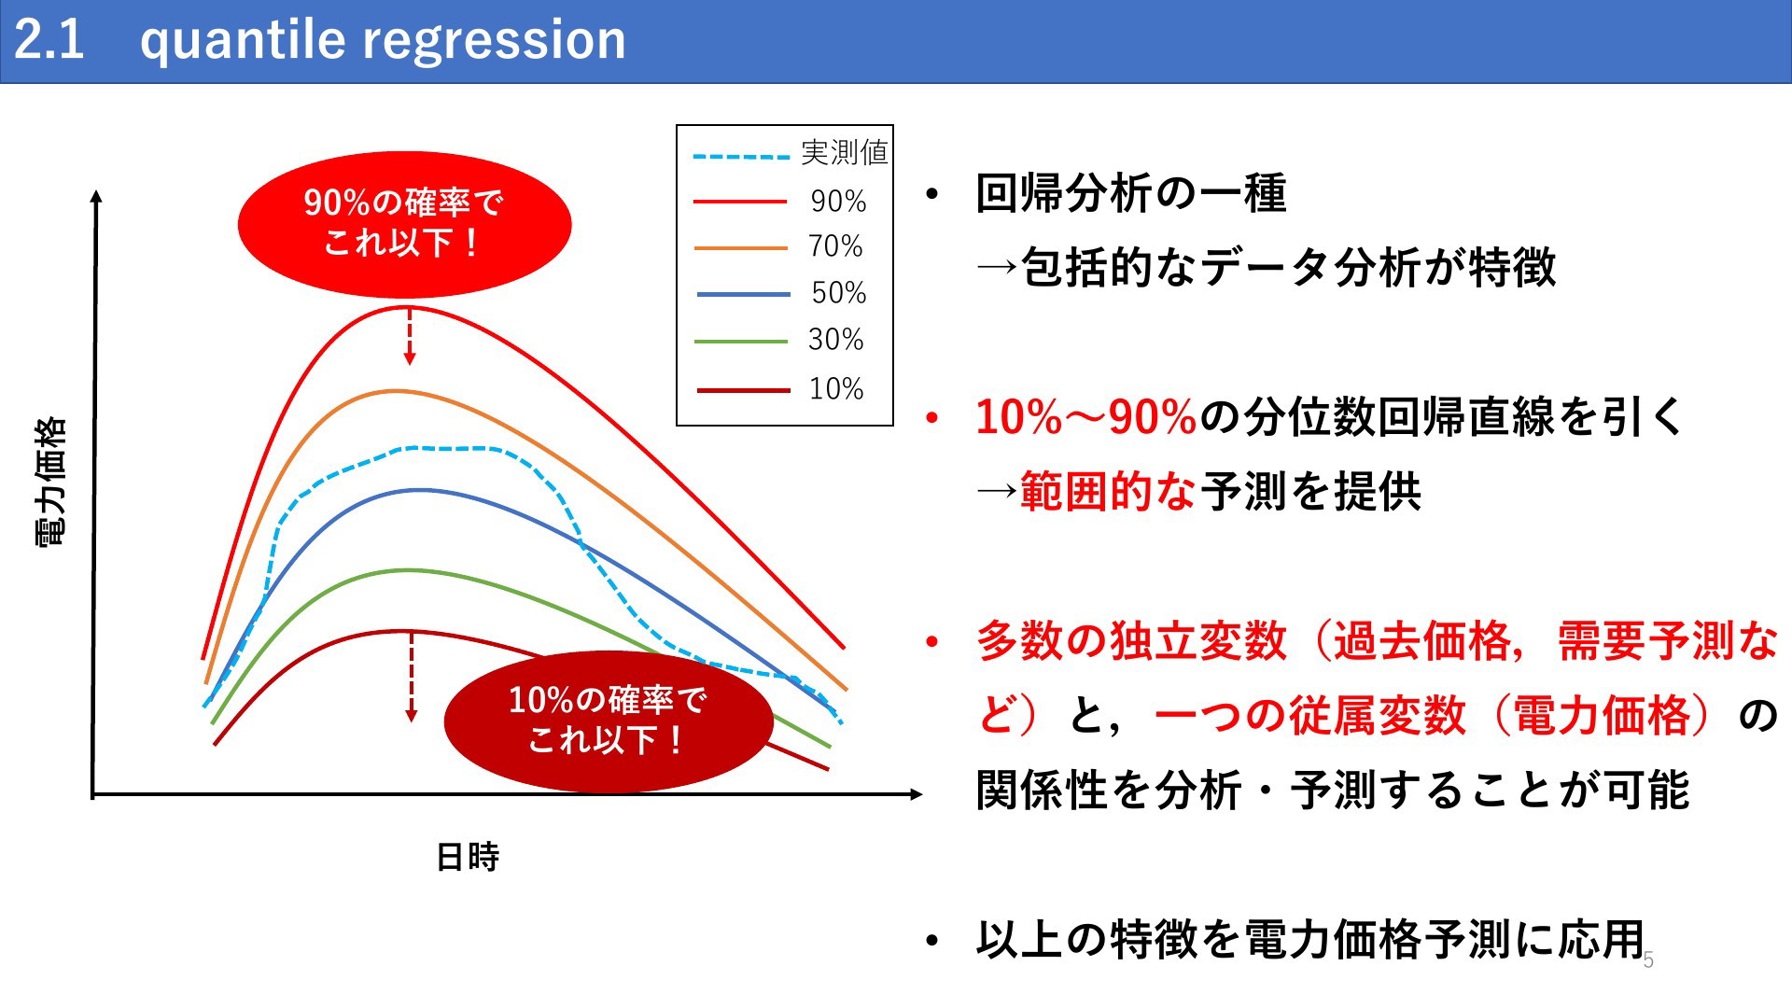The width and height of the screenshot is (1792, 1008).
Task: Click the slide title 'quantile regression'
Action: tap(383, 41)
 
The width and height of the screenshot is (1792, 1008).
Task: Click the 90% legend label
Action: tap(838, 201)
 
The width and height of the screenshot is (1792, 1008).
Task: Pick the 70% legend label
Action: tap(835, 246)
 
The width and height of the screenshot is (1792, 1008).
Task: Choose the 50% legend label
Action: tap(838, 293)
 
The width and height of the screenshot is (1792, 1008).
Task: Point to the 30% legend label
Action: tap(835, 340)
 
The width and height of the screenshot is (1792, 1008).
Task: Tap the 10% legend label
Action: tap(835, 388)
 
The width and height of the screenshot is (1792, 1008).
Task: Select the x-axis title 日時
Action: tap(468, 857)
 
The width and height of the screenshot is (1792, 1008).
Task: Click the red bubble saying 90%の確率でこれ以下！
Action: tap(404, 224)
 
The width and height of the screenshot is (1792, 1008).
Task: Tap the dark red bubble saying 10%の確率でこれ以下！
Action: tap(609, 721)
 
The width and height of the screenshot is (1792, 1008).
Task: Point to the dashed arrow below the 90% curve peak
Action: tap(409, 336)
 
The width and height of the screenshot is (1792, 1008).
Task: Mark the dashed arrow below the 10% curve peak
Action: tap(411, 677)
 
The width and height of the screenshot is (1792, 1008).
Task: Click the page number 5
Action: tap(1648, 960)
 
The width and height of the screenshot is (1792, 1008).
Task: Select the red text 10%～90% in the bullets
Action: tap(1085, 416)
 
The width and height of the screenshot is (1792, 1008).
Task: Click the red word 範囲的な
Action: tap(1108, 491)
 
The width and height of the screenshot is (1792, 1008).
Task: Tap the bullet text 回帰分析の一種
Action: tap(1130, 193)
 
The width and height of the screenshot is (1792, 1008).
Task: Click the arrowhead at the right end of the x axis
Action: tap(917, 794)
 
